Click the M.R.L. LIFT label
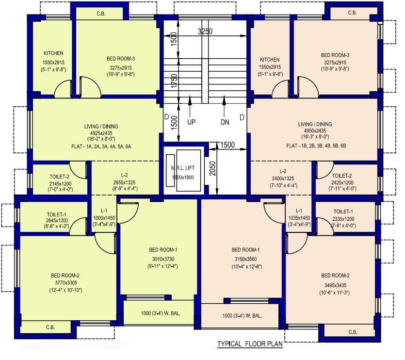182,168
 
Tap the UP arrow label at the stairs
191,122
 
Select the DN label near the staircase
225,122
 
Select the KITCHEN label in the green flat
53,53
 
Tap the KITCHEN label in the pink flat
270,60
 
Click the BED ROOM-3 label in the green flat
121,59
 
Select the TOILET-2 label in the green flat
59,177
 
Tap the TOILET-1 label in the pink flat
343,212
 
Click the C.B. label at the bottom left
50,327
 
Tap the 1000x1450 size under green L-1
104,218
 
